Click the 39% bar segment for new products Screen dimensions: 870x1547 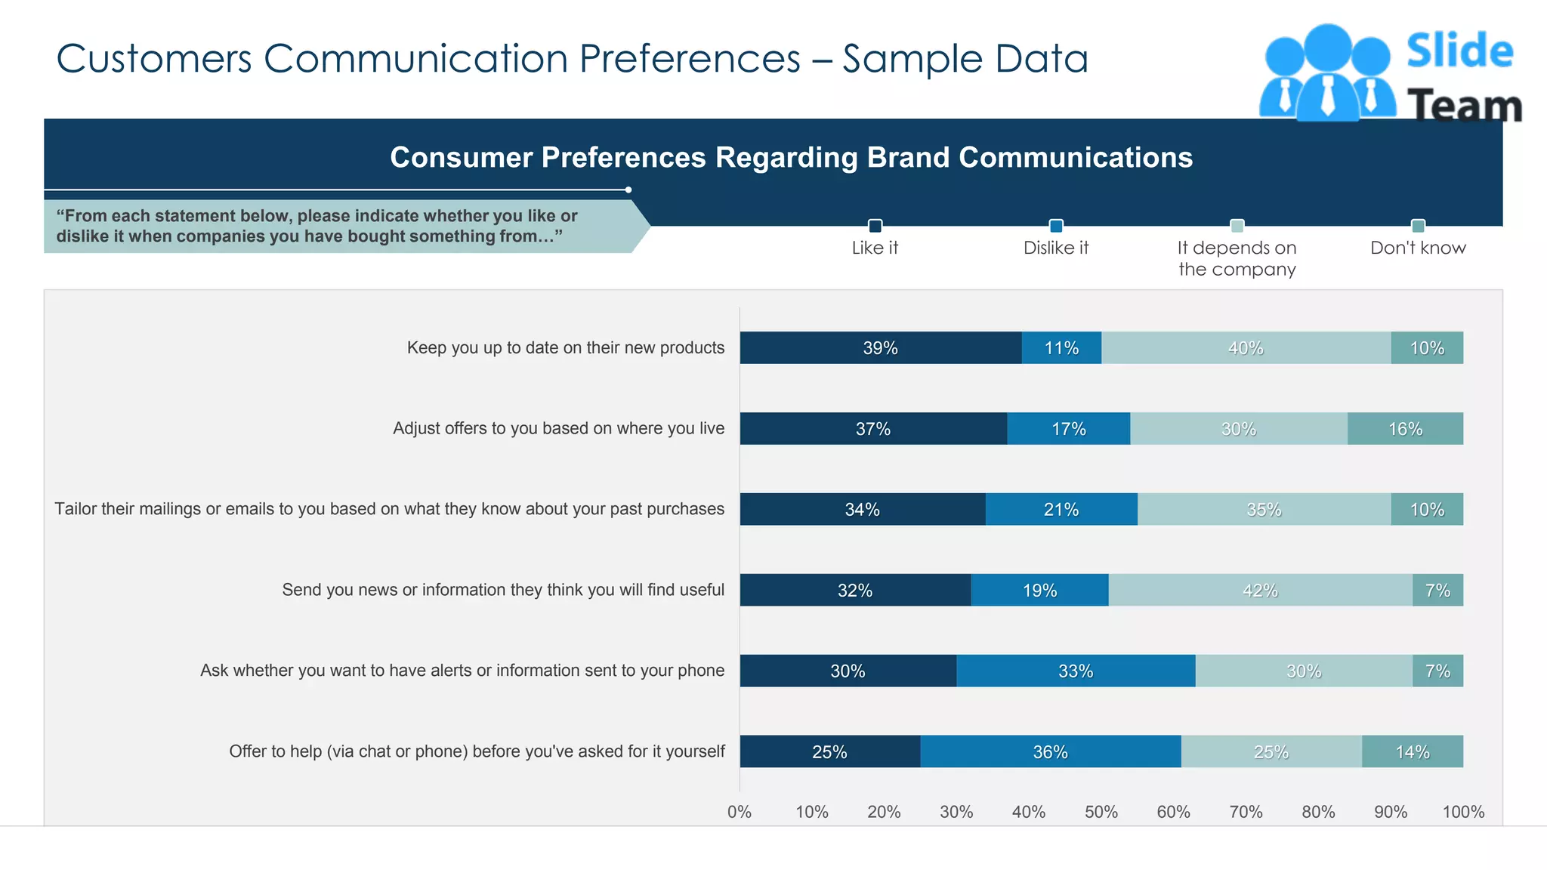(881, 348)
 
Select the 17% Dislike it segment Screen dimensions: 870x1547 (1069, 429)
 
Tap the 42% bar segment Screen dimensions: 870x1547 (1260, 591)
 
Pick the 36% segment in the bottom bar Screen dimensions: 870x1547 (1050, 752)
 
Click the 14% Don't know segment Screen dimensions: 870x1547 (1412, 752)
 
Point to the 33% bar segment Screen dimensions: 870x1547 (1076, 671)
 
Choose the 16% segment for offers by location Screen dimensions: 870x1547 (1405, 429)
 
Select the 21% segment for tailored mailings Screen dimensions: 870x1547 (1061, 510)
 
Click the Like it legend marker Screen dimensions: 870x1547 (875, 226)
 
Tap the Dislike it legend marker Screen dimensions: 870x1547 (1056, 226)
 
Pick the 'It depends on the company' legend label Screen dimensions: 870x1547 (1237, 258)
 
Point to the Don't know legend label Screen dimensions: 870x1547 (1418, 248)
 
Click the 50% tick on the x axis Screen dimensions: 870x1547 (1101, 812)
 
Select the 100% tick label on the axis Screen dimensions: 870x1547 (1463, 812)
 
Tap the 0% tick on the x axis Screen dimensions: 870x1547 (740, 812)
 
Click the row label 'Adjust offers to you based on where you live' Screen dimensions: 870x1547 (558, 428)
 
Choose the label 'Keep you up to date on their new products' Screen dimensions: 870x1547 (565, 347)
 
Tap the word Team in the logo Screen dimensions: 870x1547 (1464, 106)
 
